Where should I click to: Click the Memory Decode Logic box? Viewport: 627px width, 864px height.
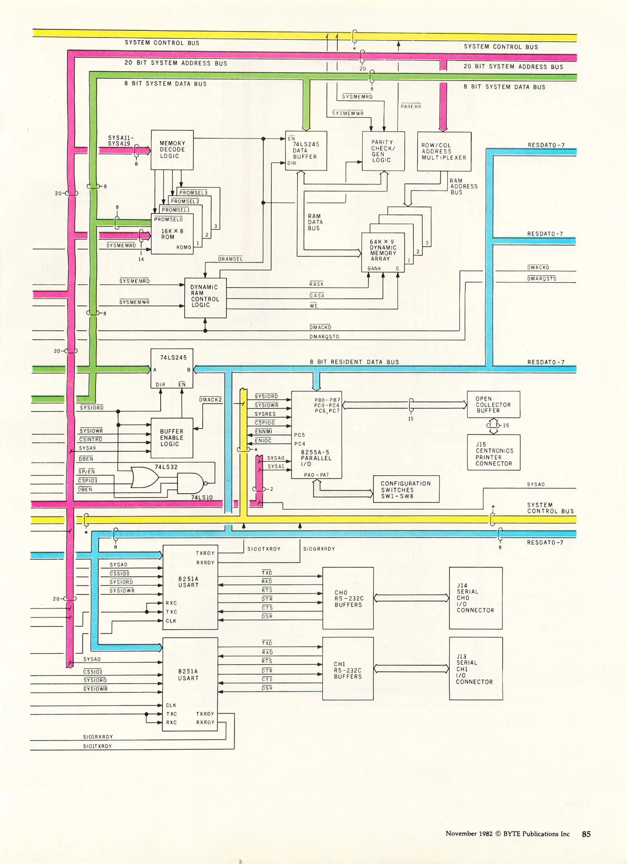click(x=172, y=150)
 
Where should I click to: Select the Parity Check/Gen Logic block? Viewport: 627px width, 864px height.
click(x=383, y=151)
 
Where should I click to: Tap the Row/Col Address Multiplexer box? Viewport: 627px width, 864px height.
click(x=444, y=152)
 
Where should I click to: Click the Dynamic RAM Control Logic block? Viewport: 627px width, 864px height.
click(x=205, y=298)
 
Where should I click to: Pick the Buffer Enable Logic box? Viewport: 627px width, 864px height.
click(x=171, y=438)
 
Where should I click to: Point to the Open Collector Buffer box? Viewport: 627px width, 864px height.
click(x=493, y=404)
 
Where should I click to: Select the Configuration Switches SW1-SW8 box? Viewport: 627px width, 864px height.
click(x=406, y=489)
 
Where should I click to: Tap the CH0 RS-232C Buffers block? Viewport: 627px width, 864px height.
click(x=348, y=598)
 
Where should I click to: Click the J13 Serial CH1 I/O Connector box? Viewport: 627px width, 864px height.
click(x=475, y=669)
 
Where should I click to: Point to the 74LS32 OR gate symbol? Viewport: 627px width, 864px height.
click(x=144, y=477)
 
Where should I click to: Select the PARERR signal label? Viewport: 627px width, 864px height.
click(x=411, y=106)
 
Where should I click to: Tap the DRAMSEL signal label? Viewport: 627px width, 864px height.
click(x=230, y=259)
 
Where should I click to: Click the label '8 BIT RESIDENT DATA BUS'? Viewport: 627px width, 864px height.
click(x=354, y=362)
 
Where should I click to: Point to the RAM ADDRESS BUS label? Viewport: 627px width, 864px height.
click(x=464, y=186)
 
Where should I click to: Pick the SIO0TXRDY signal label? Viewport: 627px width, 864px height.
click(x=264, y=549)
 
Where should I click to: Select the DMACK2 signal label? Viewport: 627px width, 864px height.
click(x=210, y=400)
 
